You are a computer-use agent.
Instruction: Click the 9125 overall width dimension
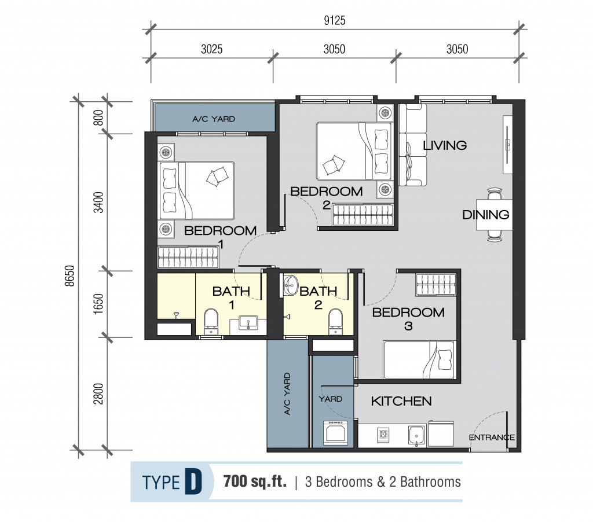coord(335,20)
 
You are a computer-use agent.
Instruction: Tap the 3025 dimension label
coord(212,49)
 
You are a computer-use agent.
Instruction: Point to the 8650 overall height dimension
coord(70,276)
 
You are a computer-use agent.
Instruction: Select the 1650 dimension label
coord(98,303)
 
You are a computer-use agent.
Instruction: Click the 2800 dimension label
coord(98,394)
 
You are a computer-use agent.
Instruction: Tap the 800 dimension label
coord(98,117)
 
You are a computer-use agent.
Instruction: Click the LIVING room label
coord(445,145)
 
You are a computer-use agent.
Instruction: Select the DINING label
coord(486,215)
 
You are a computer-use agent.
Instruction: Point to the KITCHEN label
coord(401,401)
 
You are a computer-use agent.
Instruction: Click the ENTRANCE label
coord(492,438)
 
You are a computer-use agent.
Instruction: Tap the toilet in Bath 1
coord(211,322)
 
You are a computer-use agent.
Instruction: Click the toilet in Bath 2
coord(335,322)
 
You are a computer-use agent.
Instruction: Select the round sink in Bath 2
coord(291,285)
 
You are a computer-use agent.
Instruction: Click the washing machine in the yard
coord(335,432)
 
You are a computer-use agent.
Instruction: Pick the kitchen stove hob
coord(383,435)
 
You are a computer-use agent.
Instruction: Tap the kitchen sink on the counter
coord(417,435)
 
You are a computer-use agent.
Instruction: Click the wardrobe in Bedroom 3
coord(435,285)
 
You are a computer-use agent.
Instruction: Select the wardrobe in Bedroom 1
coord(188,258)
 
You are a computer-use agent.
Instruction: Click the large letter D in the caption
coord(193,481)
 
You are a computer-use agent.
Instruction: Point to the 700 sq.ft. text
coord(255,481)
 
